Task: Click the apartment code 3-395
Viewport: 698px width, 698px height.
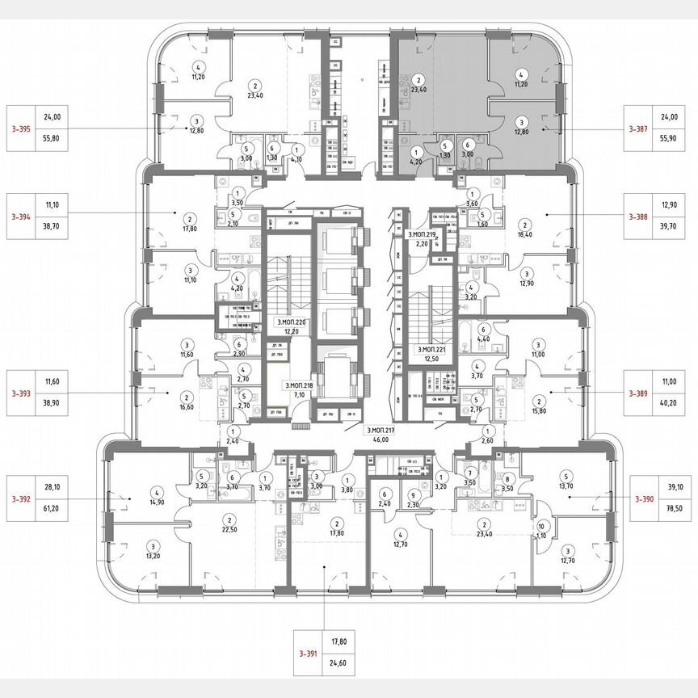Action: pyautogui.click(x=21, y=128)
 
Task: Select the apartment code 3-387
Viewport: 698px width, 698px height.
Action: pyautogui.click(x=644, y=128)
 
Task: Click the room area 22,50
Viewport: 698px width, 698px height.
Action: pyautogui.click(x=229, y=530)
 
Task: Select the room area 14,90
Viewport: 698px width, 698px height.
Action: pyautogui.click(x=157, y=501)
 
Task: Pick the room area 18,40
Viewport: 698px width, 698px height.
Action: pyautogui.click(x=525, y=234)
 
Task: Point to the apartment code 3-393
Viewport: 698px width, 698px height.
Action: pyautogui.click(x=21, y=393)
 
